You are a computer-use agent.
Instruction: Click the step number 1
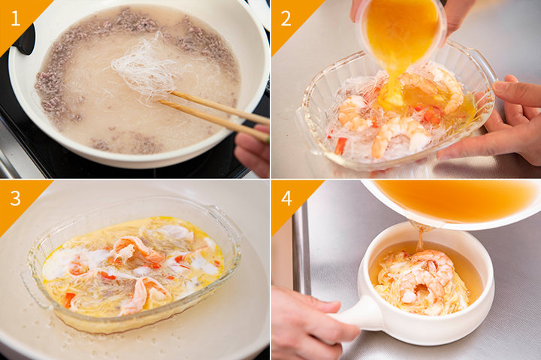pyautogui.click(x=16, y=18)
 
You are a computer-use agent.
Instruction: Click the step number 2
pyautogui.click(x=286, y=18)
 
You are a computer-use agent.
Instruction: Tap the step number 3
pyautogui.click(x=16, y=198)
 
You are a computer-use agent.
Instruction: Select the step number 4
pyautogui.click(x=287, y=198)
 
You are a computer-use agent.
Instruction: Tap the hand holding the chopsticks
pyautogui.click(x=252, y=150)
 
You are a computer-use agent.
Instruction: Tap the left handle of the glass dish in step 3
pyautogui.click(x=35, y=286)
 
